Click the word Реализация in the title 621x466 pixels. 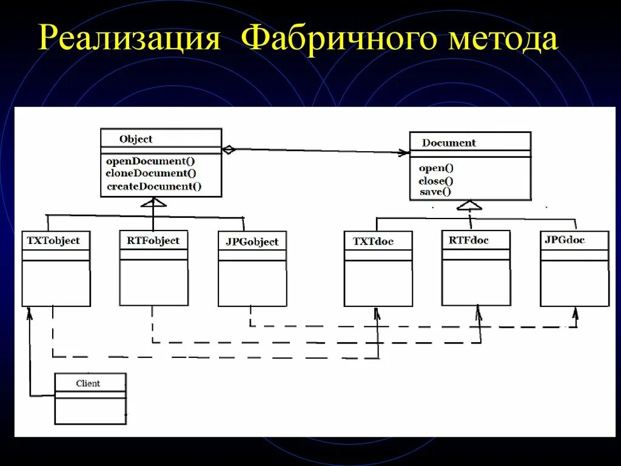(x=129, y=39)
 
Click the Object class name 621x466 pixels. (x=136, y=139)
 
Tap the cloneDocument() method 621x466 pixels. (x=151, y=174)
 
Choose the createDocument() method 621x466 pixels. (x=154, y=186)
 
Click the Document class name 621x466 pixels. (x=449, y=143)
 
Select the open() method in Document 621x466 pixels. (x=436, y=168)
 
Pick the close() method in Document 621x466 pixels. (x=436, y=181)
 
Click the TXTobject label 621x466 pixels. (x=53, y=240)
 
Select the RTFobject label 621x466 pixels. (x=153, y=240)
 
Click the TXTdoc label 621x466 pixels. (x=373, y=241)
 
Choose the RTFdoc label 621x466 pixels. (x=469, y=240)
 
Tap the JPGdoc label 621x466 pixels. (x=565, y=240)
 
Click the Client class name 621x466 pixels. (x=88, y=383)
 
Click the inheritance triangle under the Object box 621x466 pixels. (x=153, y=203)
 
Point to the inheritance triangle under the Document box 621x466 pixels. (x=471, y=204)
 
